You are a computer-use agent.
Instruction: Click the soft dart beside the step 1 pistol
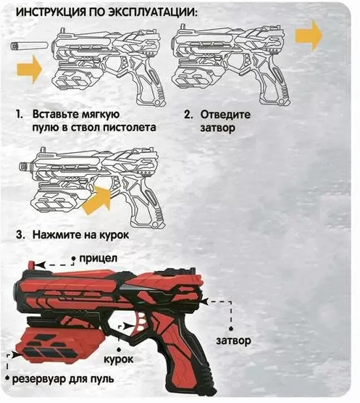29,46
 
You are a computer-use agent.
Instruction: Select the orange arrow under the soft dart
29,69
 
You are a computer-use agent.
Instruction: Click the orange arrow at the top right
309,36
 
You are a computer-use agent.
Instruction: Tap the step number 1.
20,114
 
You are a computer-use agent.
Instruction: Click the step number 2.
188,115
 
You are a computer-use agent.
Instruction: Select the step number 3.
20,235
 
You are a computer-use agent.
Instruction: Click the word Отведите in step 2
225,115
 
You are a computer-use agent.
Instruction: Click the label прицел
98,259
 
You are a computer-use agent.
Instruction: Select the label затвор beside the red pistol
233,341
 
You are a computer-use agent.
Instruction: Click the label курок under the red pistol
119,360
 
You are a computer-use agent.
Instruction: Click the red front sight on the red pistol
31,266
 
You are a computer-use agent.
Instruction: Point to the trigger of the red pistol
139,323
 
